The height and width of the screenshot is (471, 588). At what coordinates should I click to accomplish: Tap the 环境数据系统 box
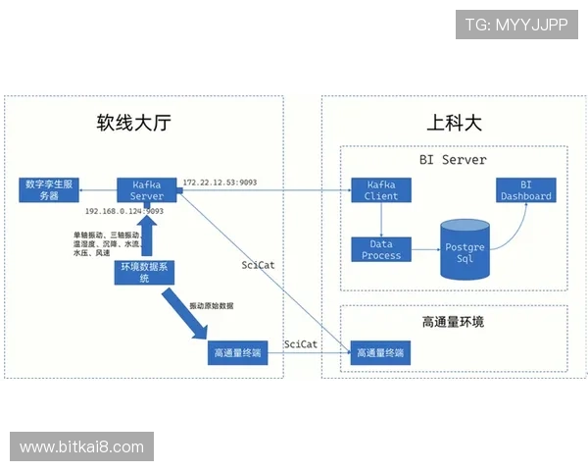click(143, 272)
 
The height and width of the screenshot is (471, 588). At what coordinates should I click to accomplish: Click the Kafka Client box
click(381, 189)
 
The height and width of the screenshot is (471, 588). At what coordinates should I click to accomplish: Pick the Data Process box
click(381, 249)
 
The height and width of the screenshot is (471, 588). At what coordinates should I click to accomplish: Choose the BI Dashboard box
click(526, 189)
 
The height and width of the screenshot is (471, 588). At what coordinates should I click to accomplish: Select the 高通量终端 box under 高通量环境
click(380, 352)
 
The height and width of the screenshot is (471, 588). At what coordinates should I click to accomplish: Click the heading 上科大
click(455, 124)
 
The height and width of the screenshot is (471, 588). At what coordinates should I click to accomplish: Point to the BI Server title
click(446, 159)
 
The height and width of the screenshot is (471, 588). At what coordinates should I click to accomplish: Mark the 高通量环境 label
click(453, 322)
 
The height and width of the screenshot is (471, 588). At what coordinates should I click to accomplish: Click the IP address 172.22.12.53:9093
click(220, 183)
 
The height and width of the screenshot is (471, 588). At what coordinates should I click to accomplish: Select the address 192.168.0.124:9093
click(124, 211)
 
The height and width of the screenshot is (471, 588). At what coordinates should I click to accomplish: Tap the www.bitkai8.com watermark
click(81, 446)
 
